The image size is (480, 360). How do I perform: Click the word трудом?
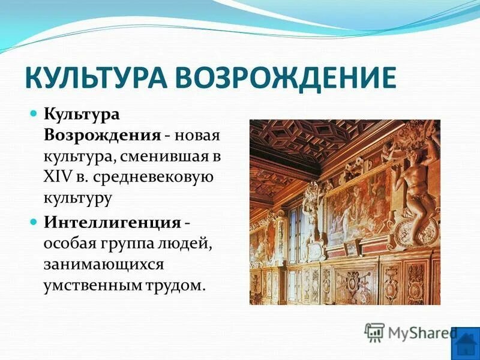[176, 285]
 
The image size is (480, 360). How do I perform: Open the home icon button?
[466, 344]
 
